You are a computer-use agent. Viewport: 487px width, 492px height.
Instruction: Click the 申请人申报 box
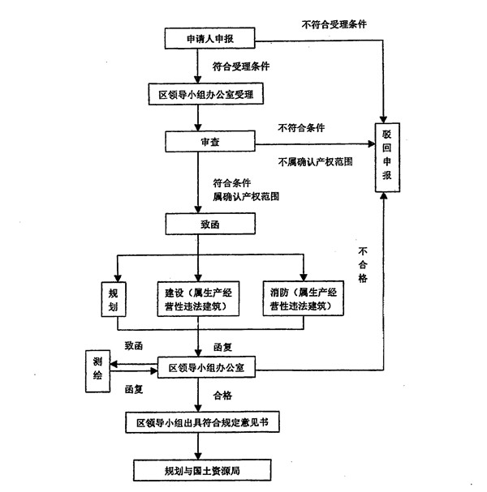pyautogui.click(x=210, y=38)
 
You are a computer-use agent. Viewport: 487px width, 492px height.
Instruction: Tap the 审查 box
pyautogui.click(x=210, y=141)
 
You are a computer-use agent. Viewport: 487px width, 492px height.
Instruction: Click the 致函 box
pyautogui.click(x=210, y=225)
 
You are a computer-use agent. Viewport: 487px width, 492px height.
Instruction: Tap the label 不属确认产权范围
pyautogui.click(x=314, y=161)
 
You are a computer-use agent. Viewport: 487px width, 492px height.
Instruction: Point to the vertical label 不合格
pyautogui.click(x=363, y=265)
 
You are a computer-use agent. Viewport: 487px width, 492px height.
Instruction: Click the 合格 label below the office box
pyautogui.click(x=223, y=396)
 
